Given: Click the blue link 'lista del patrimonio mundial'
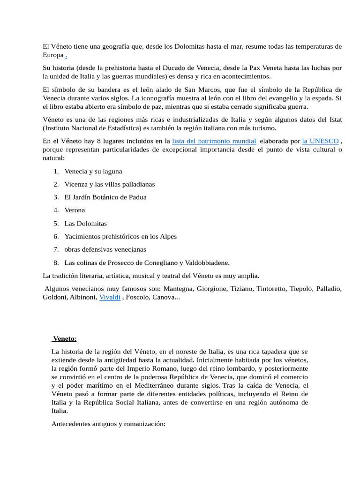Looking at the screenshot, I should coord(214,141).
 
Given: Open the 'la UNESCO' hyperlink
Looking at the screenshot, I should coord(320,141).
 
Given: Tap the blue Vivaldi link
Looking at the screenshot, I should coord(110,297).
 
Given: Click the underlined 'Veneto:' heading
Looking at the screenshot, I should coord(65,338).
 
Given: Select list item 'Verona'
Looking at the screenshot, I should coord(75,210).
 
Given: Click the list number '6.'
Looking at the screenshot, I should coord(56,236).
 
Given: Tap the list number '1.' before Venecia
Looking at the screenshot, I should coord(56,171).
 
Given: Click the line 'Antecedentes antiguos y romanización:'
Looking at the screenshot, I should coord(108,424).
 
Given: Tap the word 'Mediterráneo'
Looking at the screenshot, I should coord(155,385).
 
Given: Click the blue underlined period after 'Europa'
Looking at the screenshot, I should coord(66,55).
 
